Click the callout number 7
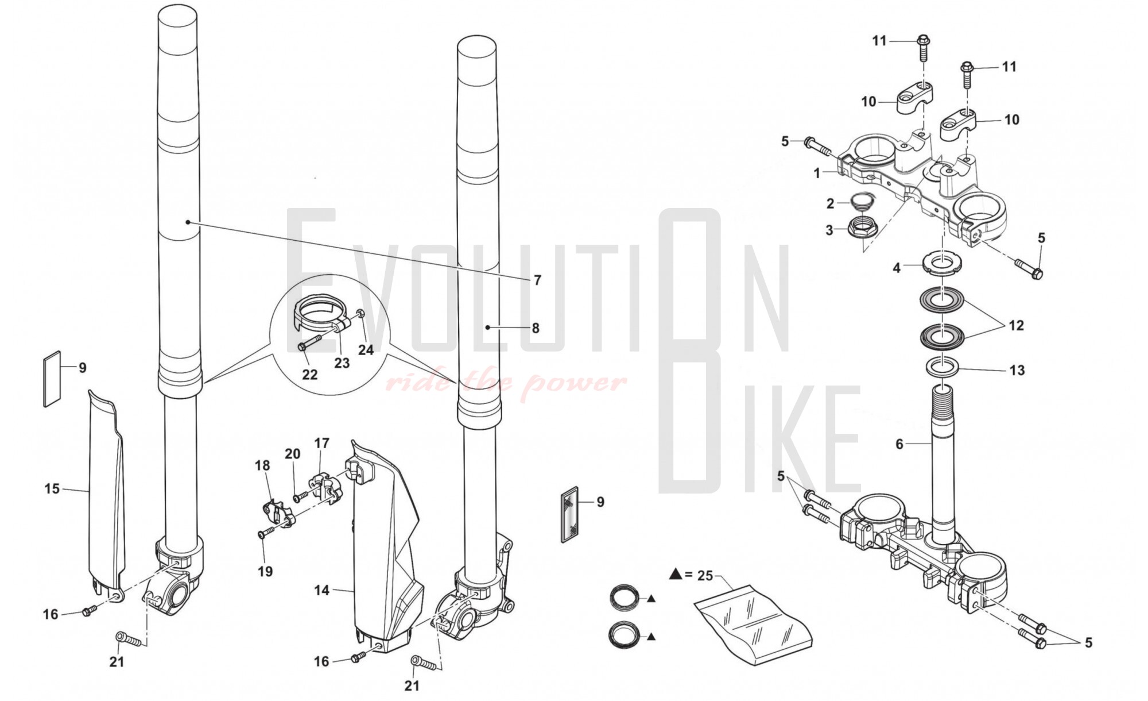point(537,280)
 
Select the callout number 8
point(536,328)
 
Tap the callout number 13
point(1017,370)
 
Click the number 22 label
point(310,375)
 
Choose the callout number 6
point(899,444)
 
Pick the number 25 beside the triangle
point(705,575)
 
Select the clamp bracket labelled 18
point(277,513)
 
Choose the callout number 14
point(321,590)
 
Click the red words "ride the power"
point(506,382)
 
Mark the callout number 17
point(322,443)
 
